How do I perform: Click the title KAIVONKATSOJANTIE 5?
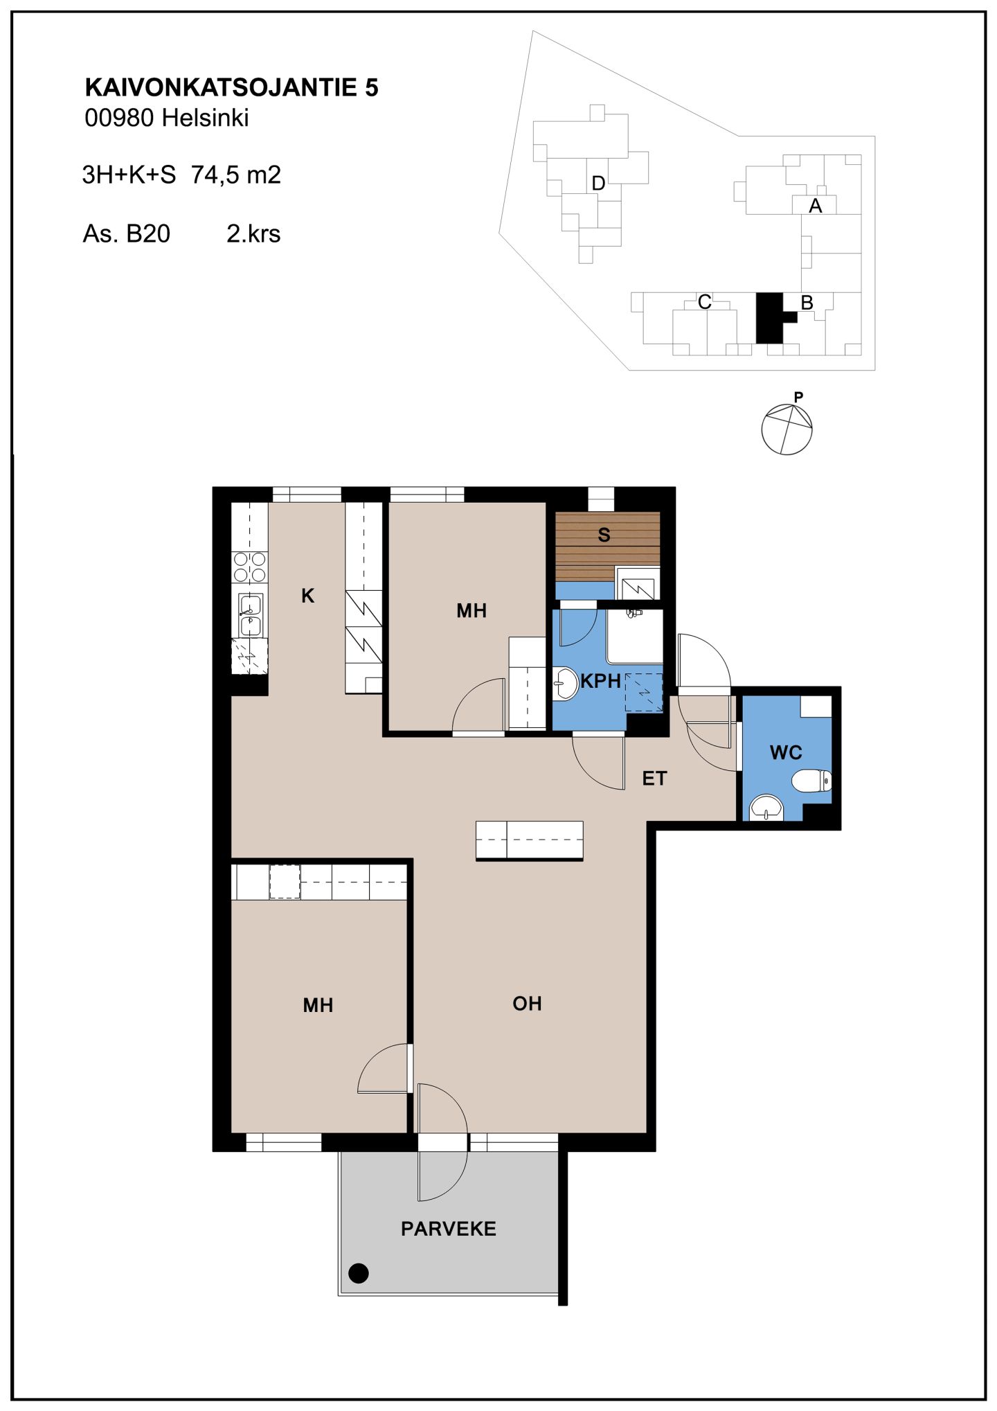pos(231,87)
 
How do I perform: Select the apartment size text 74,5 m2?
pos(236,175)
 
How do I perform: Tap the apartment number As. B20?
pos(126,233)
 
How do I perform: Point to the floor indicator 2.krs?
pos(253,233)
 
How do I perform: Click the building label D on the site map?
pos(599,184)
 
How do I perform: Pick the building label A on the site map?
pos(816,206)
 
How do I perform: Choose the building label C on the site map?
pos(704,302)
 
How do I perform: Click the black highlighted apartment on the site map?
pos(770,318)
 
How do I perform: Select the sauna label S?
pos(604,535)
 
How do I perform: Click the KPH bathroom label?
pos(600,681)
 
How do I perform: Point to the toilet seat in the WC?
pos(811,781)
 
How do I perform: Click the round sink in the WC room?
pos(766,808)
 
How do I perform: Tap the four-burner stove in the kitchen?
pos(249,567)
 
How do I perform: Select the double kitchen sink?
pos(250,615)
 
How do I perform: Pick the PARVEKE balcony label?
pos(449,1229)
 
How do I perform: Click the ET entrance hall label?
pos(654,779)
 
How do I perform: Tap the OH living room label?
pos(527,1003)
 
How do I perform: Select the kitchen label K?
pos(308,596)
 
